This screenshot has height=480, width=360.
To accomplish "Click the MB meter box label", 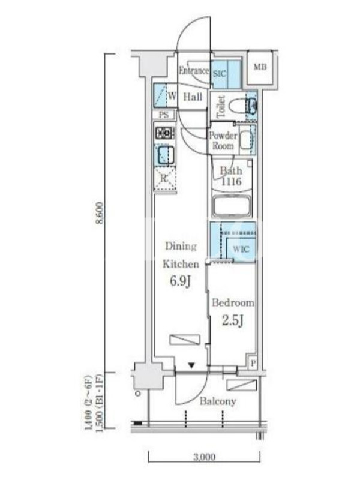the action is point(260,67).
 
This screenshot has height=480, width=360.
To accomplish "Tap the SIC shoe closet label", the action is point(219,74).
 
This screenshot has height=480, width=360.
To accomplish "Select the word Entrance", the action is point(193,71).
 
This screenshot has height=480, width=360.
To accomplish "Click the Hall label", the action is point(193,97).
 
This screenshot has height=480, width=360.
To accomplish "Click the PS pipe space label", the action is point(163,115).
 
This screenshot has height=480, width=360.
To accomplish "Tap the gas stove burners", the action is point(165,133).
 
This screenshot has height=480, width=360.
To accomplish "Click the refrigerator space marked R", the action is point(164,178).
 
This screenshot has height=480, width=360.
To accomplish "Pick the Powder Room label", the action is point(223,140).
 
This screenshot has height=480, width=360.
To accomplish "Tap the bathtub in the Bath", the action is point(232,207).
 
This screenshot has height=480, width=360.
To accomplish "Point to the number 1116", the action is point(231,182).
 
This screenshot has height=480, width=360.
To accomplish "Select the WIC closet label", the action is point(241,249).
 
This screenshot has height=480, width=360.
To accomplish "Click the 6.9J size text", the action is point(181,281).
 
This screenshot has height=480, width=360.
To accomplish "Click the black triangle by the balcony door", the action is point(191,365).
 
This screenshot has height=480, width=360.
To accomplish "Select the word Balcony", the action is point(218,401).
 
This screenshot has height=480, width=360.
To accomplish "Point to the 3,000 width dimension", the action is point(204,457).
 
